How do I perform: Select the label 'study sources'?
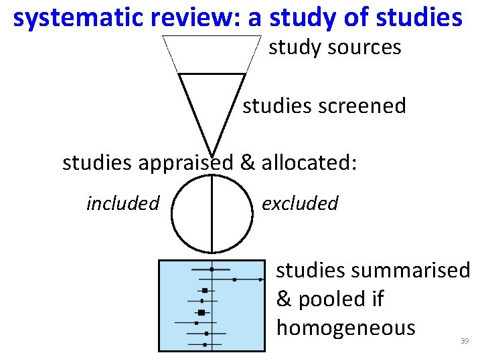335,47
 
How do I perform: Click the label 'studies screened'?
324,106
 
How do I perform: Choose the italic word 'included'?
123,203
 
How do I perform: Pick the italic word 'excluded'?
300,203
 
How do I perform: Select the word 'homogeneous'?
345,328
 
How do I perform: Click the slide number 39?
465,342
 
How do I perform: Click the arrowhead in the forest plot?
262,279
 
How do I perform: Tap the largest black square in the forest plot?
201,312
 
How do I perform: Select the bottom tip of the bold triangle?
212,156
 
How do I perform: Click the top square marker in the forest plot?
212,269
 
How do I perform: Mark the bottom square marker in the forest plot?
205,344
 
